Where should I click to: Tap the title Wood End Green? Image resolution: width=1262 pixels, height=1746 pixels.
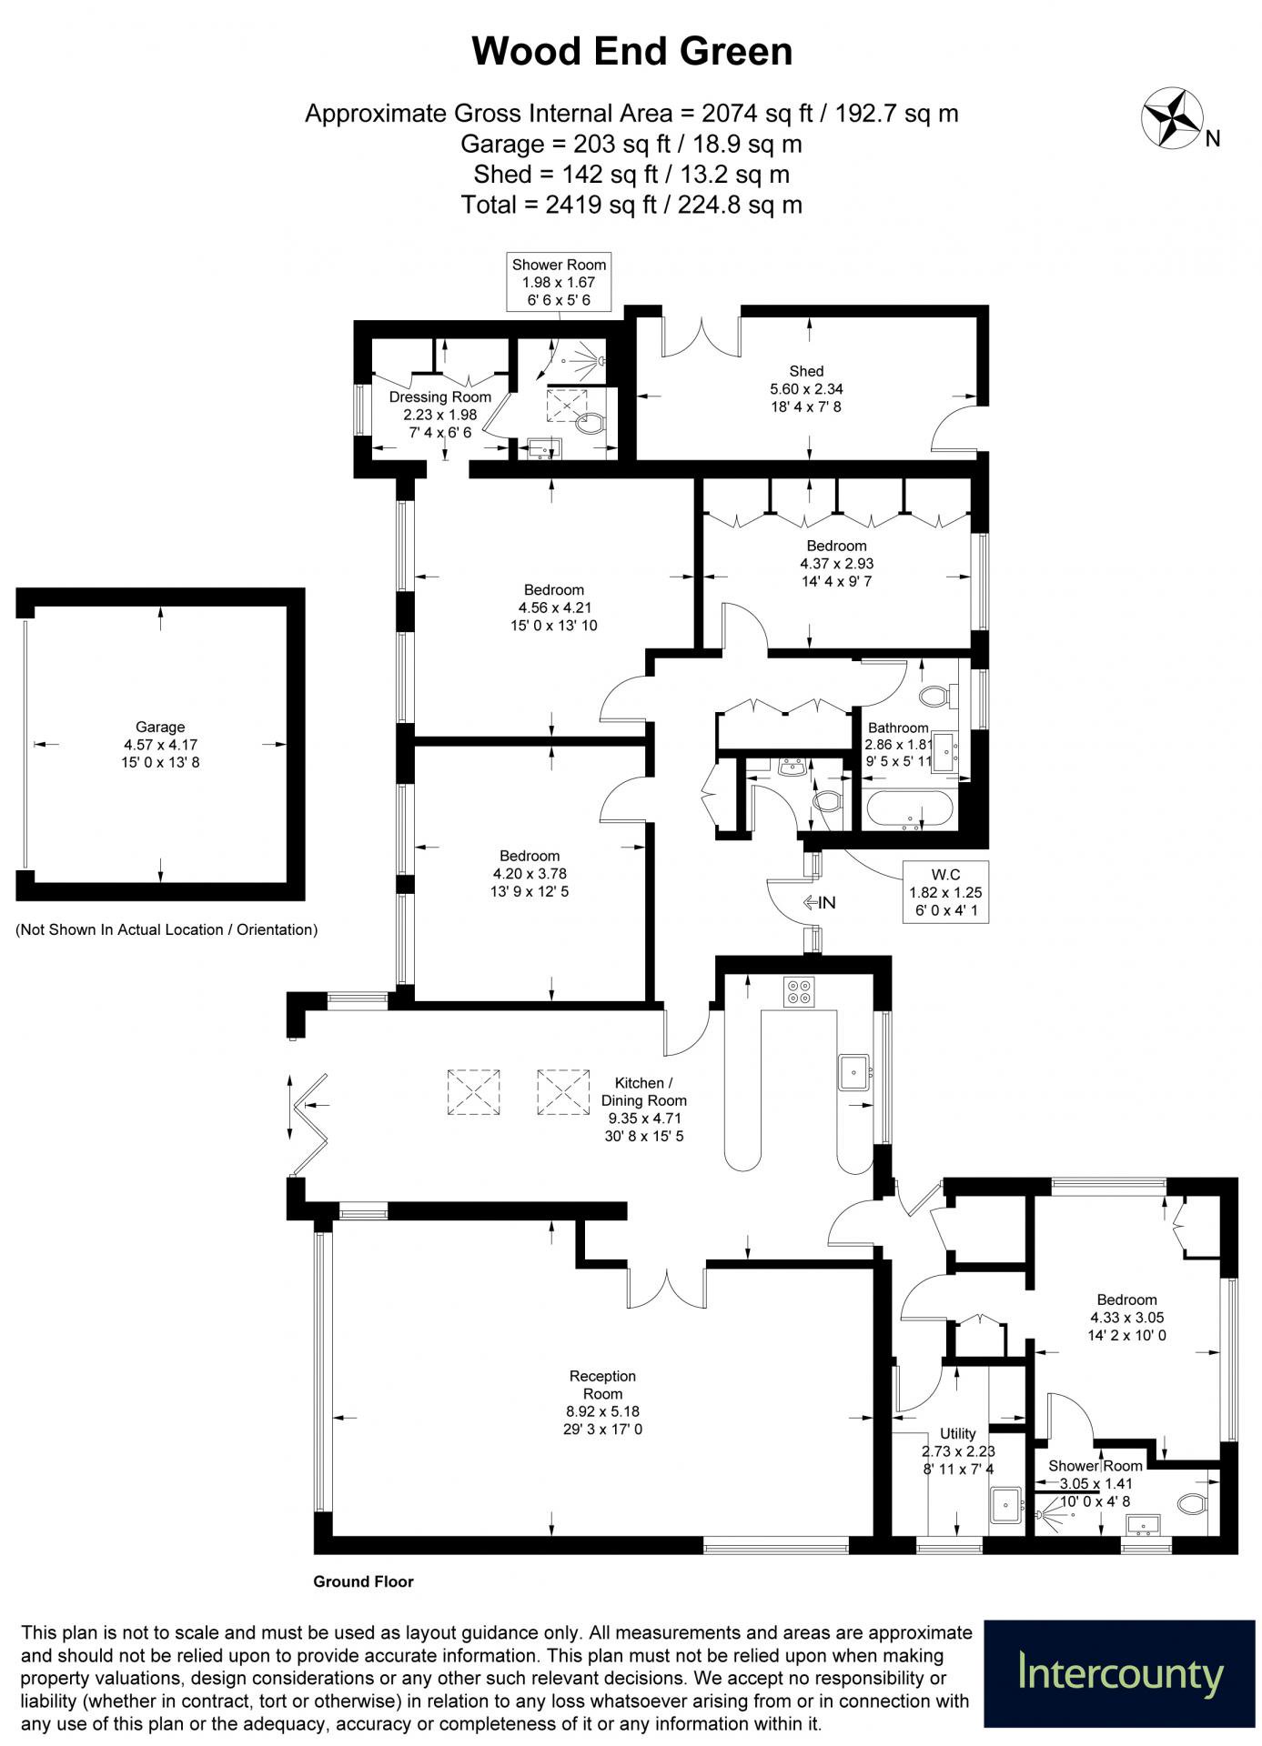tap(631, 51)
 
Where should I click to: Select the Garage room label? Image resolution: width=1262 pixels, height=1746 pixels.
tap(160, 727)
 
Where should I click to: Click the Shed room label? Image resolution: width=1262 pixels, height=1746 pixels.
tap(806, 371)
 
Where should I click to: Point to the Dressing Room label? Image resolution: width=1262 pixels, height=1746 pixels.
tap(440, 396)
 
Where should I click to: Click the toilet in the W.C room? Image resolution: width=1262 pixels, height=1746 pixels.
tap(826, 801)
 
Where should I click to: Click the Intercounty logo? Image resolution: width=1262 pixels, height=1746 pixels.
tap(1120, 1673)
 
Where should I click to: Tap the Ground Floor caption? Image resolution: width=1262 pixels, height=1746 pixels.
tap(363, 1581)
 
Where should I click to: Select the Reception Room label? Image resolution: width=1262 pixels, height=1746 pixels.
tap(602, 1385)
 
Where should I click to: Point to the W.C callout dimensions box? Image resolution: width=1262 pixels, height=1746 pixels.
tap(945, 892)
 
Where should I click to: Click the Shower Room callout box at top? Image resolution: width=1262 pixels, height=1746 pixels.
tap(559, 282)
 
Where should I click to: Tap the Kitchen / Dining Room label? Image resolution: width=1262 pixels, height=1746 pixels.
tap(643, 1091)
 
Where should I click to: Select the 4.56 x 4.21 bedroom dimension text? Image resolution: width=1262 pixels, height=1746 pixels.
tap(554, 607)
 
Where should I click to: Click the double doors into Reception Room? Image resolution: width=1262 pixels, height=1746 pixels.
tap(667, 1284)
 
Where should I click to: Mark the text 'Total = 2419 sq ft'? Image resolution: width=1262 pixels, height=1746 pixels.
tap(559, 205)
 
